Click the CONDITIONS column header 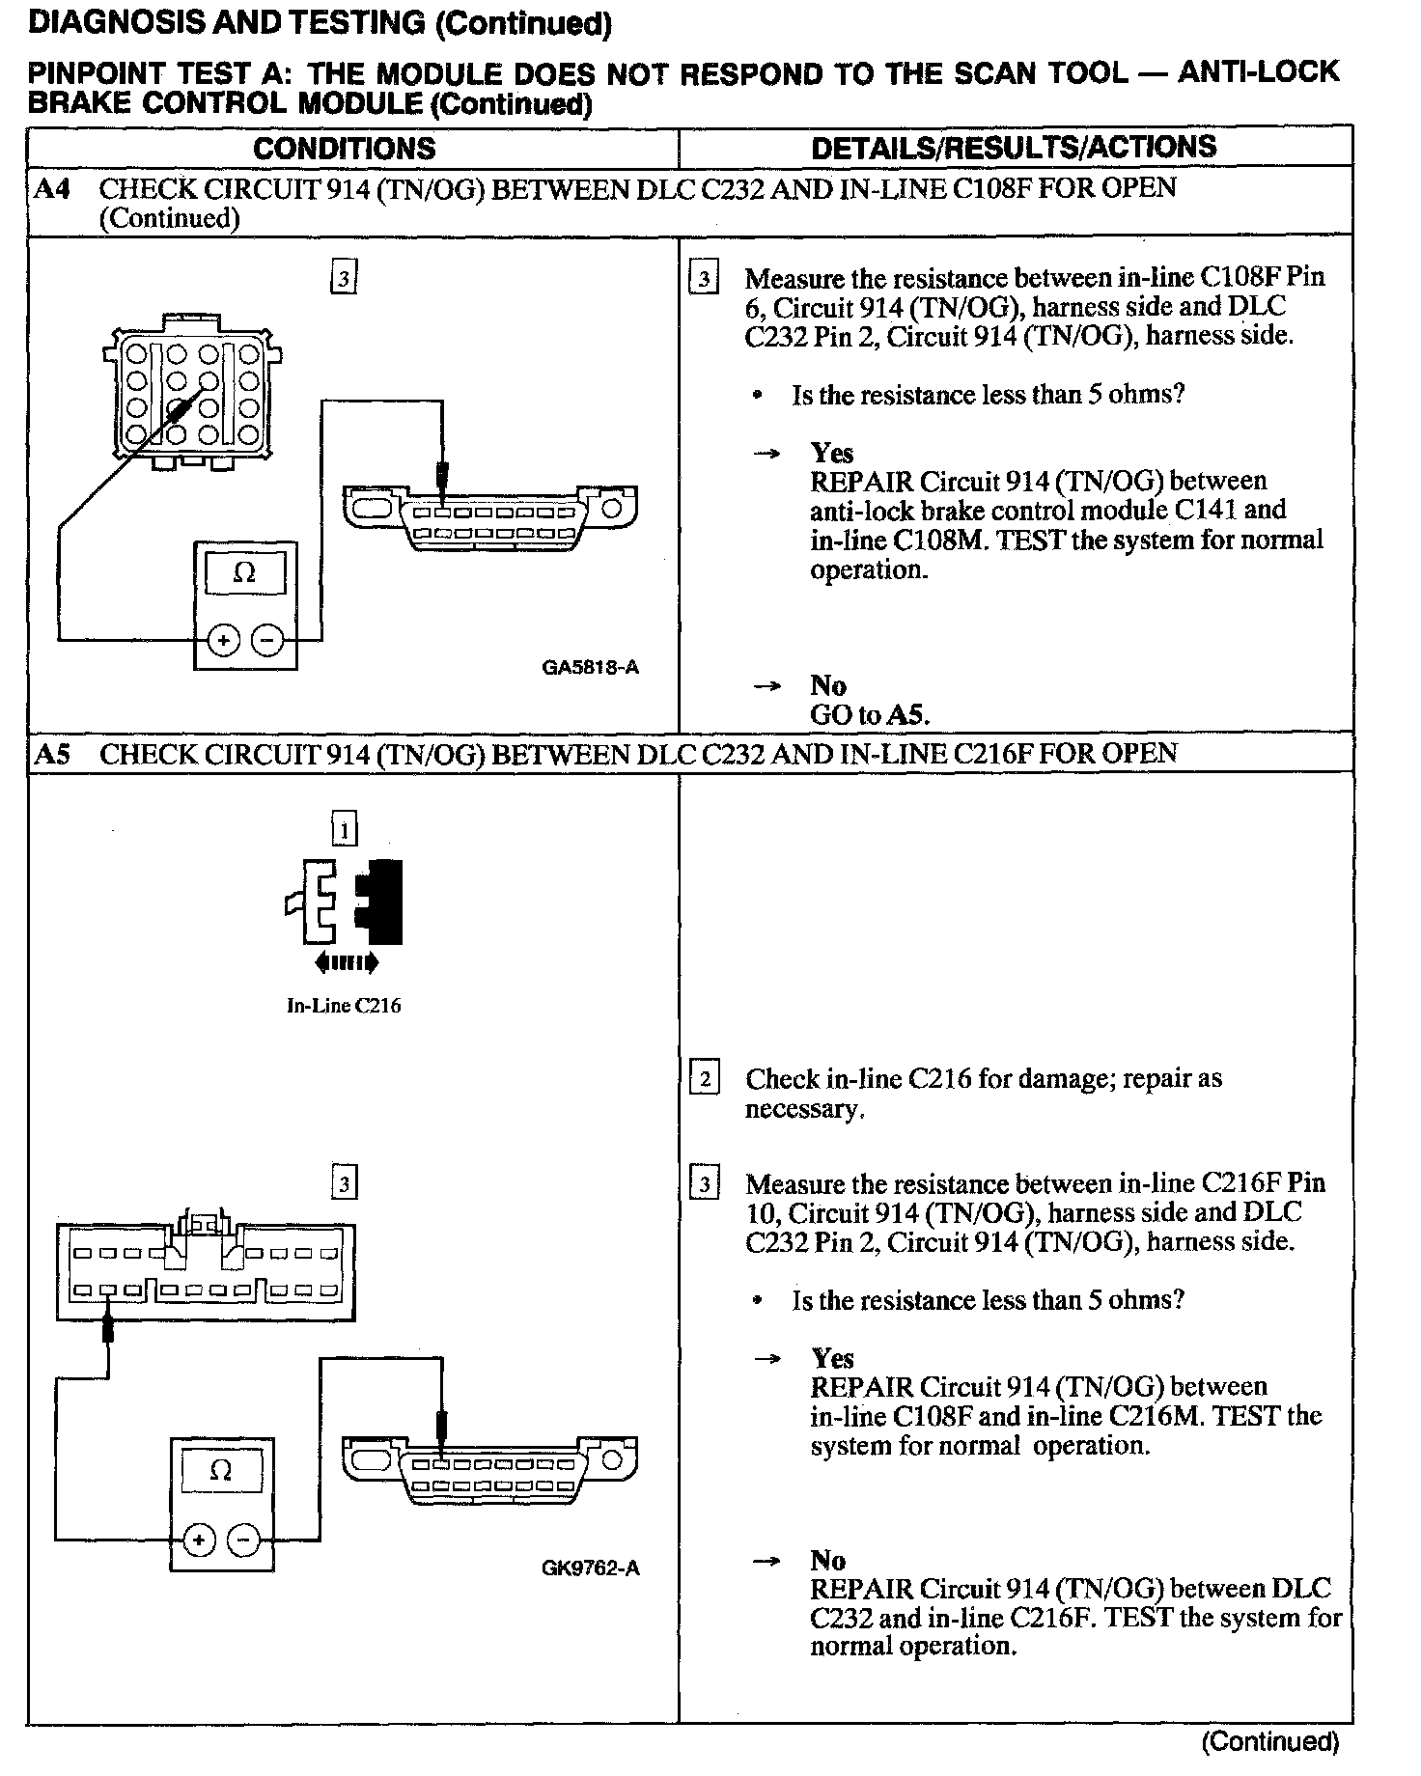pyautogui.click(x=344, y=149)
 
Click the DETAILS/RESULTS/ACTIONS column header pyautogui.click(x=1014, y=148)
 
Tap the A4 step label pyautogui.click(x=51, y=188)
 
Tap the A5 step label pyautogui.click(x=51, y=754)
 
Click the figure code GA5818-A pyautogui.click(x=590, y=667)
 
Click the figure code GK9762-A pyautogui.click(x=590, y=1568)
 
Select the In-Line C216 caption pyautogui.click(x=344, y=1006)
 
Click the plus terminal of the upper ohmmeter pyautogui.click(x=224, y=639)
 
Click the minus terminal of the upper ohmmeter pyautogui.click(x=267, y=639)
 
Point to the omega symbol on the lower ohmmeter pyautogui.click(x=220, y=1471)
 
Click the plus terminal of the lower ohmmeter pyautogui.click(x=199, y=1539)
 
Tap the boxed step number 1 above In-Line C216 pyautogui.click(x=344, y=829)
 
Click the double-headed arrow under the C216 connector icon pyautogui.click(x=344, y=962)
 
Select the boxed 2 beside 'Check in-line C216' pyautogui.click(x=705, y=1078)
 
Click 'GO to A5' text pyautogui.click(x=869, y=715)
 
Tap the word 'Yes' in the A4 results pyautogui.click(x=831, y=453)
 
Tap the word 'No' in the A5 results pyautogui.click(x=827, y=1560)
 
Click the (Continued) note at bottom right pyautogui.click(x=1269, y=1741)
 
